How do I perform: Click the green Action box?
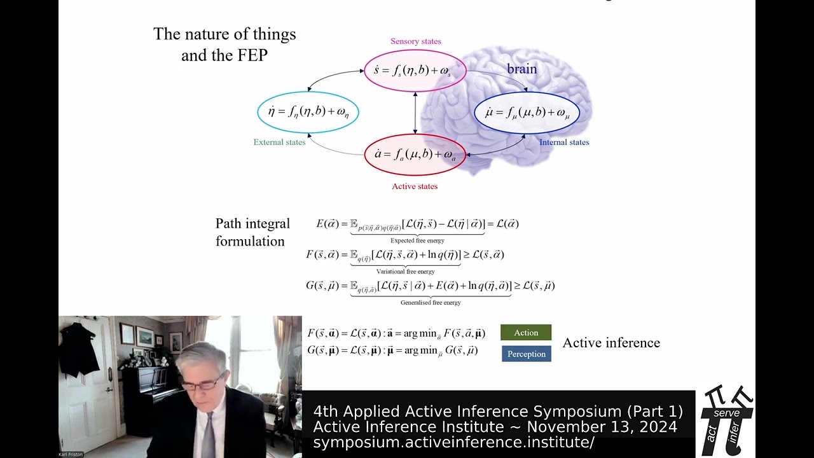click(x=526, y=333)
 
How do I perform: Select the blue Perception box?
click(x=526, y=354)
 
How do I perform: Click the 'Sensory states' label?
click(x=415, y=41)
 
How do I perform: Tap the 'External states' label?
click(x=279, y=142)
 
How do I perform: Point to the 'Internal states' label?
click(x=564, y=142)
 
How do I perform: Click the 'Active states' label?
click(x=415, y=186)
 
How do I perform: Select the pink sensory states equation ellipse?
click(x=415, y=70)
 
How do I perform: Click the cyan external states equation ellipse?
click(x=308, y=112)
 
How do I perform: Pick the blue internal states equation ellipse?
click(x=527, y=113)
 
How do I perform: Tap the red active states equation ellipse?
click(x=415, y=155)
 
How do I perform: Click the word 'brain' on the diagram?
click(x=521, y=69)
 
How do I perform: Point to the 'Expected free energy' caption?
click(x=417, y=240)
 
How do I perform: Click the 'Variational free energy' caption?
click(x=405, y=272)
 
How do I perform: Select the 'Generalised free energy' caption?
click(x=431, y=303)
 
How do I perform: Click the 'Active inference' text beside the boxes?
click(x=611, y=343)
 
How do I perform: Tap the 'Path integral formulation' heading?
click(x=252, y=232)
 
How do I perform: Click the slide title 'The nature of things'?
click(x=224, y=34)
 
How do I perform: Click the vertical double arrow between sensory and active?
click(x=415, y=112)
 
